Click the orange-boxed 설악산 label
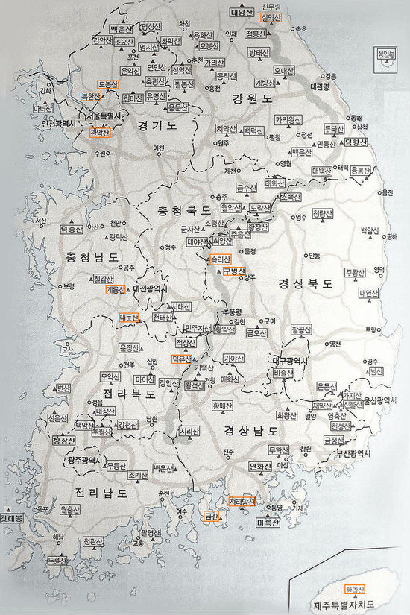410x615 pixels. [x=270, y=16]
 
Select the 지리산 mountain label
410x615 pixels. [x=189, y=431]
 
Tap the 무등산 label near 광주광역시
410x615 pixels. [x=116, y=466]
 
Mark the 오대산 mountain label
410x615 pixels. [x=285, y=71]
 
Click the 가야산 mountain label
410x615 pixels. [x=233, y=359]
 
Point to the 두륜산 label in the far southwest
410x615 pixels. [x=57, y=559]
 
